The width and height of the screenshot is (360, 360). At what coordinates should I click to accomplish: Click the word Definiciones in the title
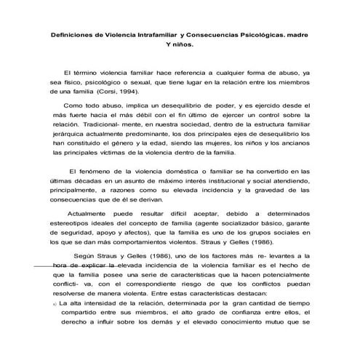[x=72, y=33]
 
